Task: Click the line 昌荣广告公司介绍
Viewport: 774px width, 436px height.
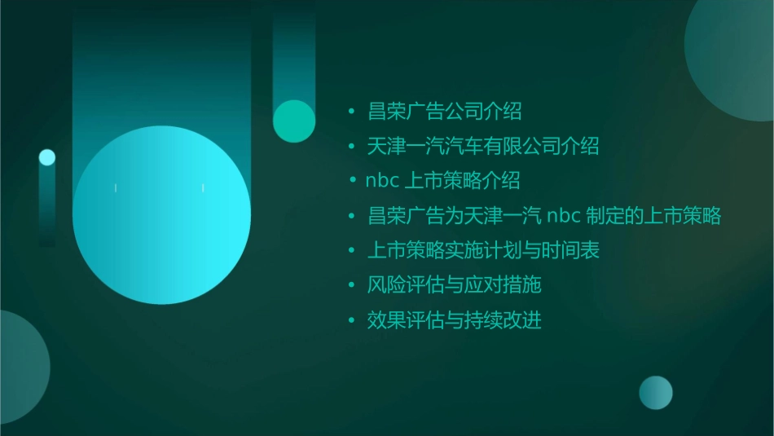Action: pos(444,111)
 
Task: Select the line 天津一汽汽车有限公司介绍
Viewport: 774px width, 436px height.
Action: pos(483,146)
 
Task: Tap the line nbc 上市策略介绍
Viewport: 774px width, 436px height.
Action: pos(442,180)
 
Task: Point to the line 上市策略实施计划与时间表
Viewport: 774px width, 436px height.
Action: pos(483,250)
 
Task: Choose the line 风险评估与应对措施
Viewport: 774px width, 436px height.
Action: pos(454,285)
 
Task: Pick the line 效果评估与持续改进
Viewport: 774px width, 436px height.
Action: pos(454,320)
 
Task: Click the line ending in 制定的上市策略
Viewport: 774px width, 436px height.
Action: pos(544,216)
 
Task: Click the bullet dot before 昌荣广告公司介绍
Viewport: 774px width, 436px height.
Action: pos(351,111)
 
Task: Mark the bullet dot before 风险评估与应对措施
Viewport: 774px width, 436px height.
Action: pos(351,285)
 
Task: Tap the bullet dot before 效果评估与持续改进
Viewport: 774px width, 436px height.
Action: pos(351,320)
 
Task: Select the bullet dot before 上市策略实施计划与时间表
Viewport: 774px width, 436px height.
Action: pos(351,250)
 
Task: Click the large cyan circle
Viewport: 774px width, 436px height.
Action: pos(161,215)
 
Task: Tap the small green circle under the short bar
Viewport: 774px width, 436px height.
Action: pos(294,121)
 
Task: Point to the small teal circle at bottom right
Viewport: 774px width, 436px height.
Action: pos(656,392)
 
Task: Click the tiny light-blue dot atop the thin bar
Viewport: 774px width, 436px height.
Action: pos(47,157)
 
